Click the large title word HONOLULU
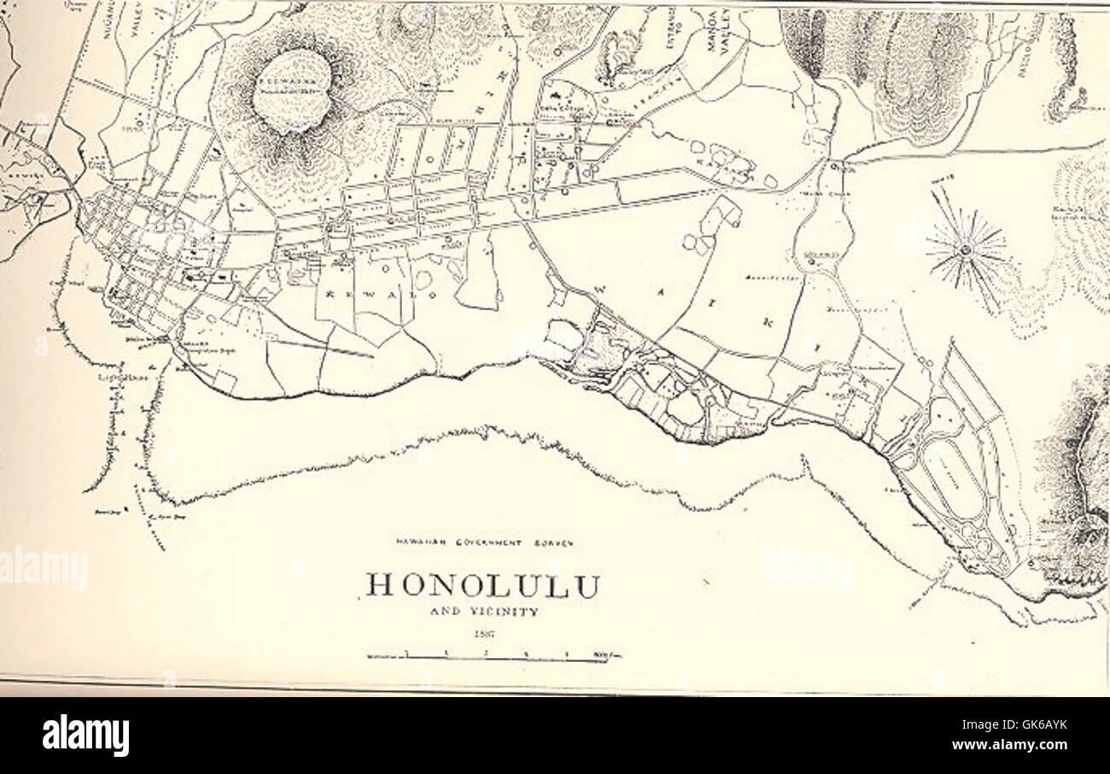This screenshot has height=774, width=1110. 483,586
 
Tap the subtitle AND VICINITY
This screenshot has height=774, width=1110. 483,612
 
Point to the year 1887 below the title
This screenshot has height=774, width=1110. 483,634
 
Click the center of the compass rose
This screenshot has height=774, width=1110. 967,249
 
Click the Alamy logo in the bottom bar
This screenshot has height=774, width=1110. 85,736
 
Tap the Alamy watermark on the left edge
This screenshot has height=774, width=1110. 43,569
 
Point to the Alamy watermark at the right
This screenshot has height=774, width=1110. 806,566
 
